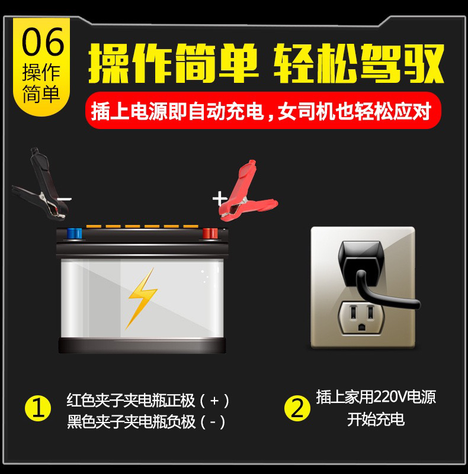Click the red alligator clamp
click(245, 194)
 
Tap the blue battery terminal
click(75, 234)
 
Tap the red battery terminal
click(210, 234)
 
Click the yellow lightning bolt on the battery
click(142, 298)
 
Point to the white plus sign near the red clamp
click(219, 199)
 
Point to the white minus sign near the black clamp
click(64, 199)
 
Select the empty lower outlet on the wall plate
click(361, 317)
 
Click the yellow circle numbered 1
click(38, 408)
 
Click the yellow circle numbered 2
click(297, 408)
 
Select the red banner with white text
click(263, 110)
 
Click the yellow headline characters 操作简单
click(173, 63)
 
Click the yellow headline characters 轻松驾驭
click(359, 63)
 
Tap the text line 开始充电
click(376, 420)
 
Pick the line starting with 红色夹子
click(148, 401)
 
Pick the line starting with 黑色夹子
click(146, 422)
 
